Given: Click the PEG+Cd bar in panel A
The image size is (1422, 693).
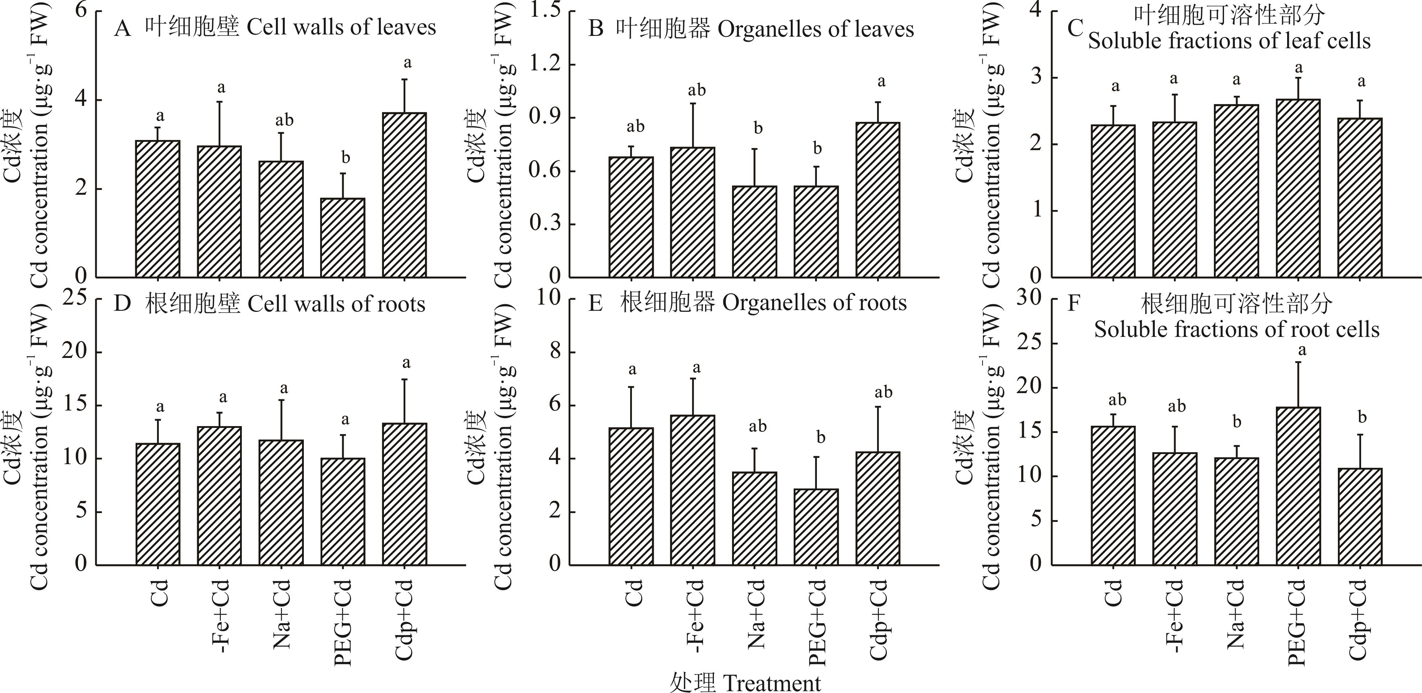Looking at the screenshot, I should pyautogui.click(x=343, y=238).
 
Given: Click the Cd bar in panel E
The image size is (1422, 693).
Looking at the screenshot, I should pyautogui.click(x=632, y=496).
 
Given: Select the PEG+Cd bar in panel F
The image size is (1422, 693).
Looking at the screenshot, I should pyautogui.click(x=1298, y=486).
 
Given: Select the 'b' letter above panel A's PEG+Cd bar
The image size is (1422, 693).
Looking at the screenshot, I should pyautogui.click(x=346, y=158).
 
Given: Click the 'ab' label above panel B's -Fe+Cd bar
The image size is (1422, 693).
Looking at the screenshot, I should pyautogui.click(x=696, y=90).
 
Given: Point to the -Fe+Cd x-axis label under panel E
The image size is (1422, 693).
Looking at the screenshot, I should pyautogui.click(x=694, y=616).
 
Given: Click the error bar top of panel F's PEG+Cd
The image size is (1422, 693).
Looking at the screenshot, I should pyautogui.click(x=1298, y=362).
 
